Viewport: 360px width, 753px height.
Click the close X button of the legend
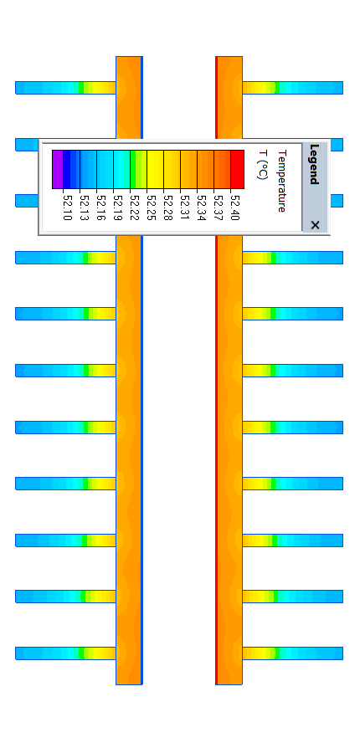[x=315, y=225]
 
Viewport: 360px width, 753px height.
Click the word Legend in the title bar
[x=314, y=164]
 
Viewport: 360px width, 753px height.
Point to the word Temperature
[x=282, y=181]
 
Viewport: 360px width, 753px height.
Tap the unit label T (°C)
[x=262, y=165]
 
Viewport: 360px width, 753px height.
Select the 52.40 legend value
[x=234, y=207]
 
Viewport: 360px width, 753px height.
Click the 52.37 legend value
[x=218, y=207]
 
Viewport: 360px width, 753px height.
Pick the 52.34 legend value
[x=202, y=207]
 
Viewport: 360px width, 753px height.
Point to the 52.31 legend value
[x=184, y=207]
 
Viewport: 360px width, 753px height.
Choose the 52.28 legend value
[x=167, y=207]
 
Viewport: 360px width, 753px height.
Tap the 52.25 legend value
[x=151, y=207]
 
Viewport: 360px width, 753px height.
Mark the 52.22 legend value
[x=134, y=207]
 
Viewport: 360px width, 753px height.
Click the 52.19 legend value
[x=117, y=207]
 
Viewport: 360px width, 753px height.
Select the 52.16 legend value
[x=101, y=207]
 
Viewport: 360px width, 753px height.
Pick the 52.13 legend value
[x=84, y=207]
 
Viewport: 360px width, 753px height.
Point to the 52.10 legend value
[x=67, y=207]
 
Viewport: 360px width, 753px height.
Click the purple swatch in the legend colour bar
[x=58, y=169]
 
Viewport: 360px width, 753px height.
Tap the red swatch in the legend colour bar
[x=238, y=169]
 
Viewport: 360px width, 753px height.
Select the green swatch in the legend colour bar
[x=133, y=169]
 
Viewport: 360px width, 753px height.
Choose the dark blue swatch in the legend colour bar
[x=67, y=169]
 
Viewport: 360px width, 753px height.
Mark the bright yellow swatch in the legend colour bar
[x=155, y=169]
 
